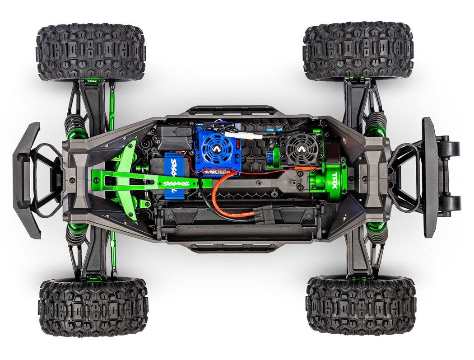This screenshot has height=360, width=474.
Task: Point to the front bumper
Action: tap(27, 181)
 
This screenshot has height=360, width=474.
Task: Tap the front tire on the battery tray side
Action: tap(93, 307)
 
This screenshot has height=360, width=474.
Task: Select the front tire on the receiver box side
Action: tap(91, 52)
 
